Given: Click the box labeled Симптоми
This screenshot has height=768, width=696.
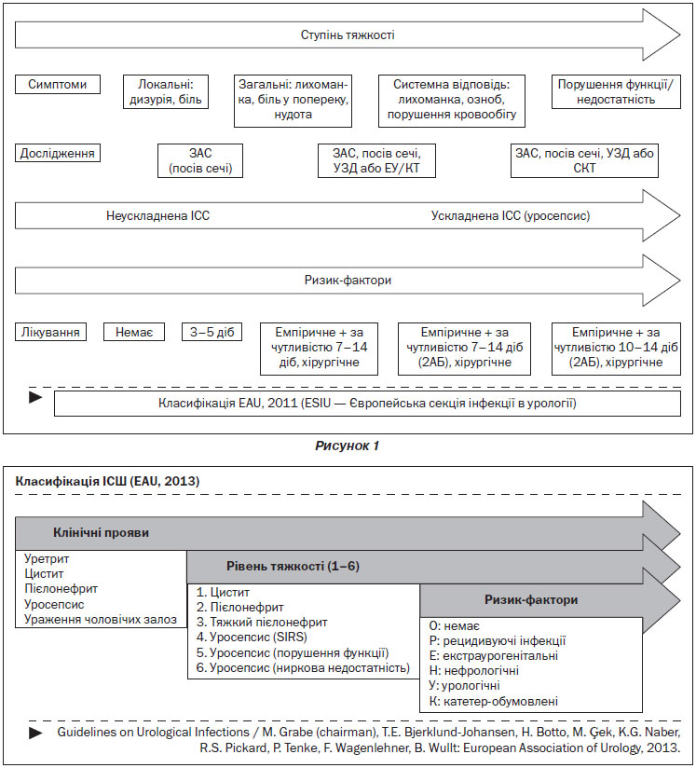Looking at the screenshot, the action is click(x=58, y=84).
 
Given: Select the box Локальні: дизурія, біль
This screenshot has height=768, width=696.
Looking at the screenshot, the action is click(x=166, y=91).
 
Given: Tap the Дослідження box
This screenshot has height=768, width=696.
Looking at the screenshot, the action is click(x=58, y=153).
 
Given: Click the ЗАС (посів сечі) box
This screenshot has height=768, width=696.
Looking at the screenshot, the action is click(x=200, y=160).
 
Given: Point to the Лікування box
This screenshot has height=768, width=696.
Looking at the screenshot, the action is click(x=50, y=332).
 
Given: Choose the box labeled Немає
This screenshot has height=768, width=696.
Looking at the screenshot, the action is click(x=134, y=332).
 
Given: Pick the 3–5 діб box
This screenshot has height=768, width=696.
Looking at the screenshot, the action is click(x=212, y=332).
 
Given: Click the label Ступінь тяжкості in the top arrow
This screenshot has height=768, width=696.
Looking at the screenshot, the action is click(x=348, y=35).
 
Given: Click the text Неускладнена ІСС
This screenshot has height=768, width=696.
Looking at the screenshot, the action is click(x=157, y=216).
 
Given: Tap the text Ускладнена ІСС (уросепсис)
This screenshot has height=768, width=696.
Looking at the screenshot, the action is click(x=511, y=216).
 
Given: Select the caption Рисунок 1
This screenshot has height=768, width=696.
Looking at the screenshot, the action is click(x=347, y=446).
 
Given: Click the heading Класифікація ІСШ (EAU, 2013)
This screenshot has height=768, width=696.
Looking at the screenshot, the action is click(x=107, y=481).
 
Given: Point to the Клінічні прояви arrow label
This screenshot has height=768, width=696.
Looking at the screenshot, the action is click(x=101, y=533).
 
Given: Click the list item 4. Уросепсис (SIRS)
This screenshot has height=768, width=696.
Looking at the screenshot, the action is click(x=252, y=638).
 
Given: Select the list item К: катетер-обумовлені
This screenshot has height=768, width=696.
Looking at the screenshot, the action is click(x=494, y=702).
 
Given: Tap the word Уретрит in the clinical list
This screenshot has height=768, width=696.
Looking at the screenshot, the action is click(x=47, y=559).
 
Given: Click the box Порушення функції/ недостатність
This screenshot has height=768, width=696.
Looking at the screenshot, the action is click(x=616, y=91).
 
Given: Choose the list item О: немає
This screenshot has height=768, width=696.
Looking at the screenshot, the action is click(x=454, y=626).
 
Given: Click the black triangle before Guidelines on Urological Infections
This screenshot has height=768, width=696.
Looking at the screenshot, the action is click(x=35, y=734).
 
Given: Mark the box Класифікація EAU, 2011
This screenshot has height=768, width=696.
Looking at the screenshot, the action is click(x=367, y=403).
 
